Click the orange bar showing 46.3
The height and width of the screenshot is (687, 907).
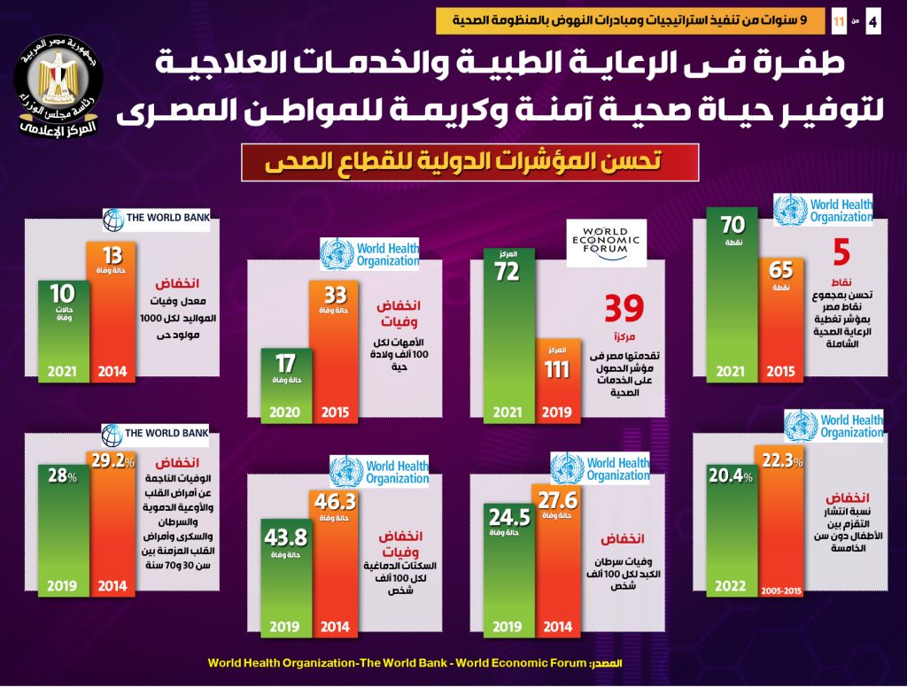(x=333, y=563)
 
